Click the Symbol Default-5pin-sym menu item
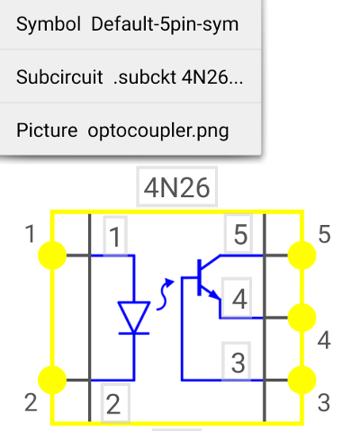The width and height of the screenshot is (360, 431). (x=128, y=24)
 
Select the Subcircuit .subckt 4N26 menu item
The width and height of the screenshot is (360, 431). (x=130, y=77)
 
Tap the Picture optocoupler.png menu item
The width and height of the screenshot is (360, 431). (x=122, y=130)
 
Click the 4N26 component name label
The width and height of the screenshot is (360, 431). (x=176, y=187)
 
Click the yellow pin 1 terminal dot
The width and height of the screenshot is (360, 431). (x=52, y=256)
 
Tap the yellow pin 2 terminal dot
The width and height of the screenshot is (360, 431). (x=52, y=380)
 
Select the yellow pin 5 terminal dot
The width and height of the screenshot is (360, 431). (x=301, y=256)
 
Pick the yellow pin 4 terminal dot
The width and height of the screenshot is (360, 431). (x=301, y=318)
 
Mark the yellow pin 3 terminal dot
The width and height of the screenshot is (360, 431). (x=301, y=380)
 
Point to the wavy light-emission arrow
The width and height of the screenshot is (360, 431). (x=165, y=294)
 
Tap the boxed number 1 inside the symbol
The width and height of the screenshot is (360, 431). (x=115, y=237)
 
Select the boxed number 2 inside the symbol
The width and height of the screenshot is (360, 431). (x=115, y=404)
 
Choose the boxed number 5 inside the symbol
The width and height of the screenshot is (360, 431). (x=239, y=234)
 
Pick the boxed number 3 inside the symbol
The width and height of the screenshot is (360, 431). (x=237, y=363)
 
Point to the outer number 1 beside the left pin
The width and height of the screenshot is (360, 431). (x=30, y=234)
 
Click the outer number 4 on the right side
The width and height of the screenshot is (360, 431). (x=324, y=340)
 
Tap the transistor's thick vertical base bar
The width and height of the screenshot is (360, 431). (x=199, y=278)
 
